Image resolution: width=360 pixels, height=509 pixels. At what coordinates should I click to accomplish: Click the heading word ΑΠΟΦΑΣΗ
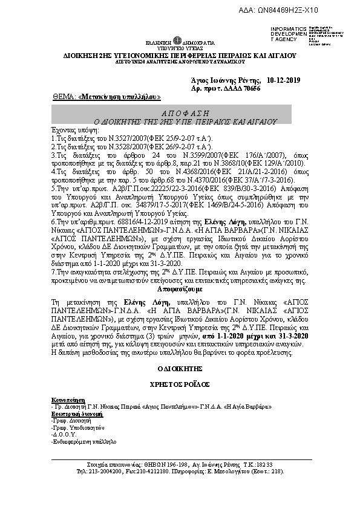pyautogui.click(x=179, y=113)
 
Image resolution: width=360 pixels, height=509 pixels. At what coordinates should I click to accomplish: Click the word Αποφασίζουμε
pyautogui.click(x=179, y=290)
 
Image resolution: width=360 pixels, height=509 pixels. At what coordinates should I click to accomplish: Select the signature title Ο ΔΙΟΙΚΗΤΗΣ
pyautogui.click(x=179, y=368)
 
